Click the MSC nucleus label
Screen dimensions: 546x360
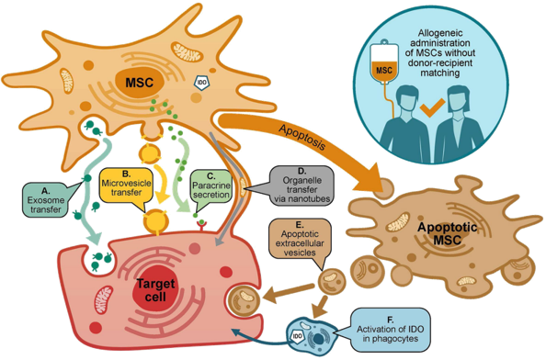[140, 83]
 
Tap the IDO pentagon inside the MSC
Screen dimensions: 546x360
[201, 83]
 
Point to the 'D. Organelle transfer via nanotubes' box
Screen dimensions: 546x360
[301, 185]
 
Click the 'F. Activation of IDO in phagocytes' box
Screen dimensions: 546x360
[390, 329]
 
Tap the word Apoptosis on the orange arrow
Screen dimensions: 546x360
[302, 138]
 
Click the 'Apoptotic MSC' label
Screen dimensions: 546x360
[447, 233]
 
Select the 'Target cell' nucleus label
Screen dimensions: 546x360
[155, 289]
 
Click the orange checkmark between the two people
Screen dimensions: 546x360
[432, 107]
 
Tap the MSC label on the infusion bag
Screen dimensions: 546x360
[384, 70]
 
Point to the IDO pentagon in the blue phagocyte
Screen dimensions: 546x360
[298, 336]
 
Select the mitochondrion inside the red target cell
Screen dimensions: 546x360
[104, 299]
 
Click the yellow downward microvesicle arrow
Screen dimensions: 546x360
[161, 183]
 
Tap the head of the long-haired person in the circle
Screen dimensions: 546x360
[459, 100]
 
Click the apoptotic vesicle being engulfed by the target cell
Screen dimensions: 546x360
[244, 300]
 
